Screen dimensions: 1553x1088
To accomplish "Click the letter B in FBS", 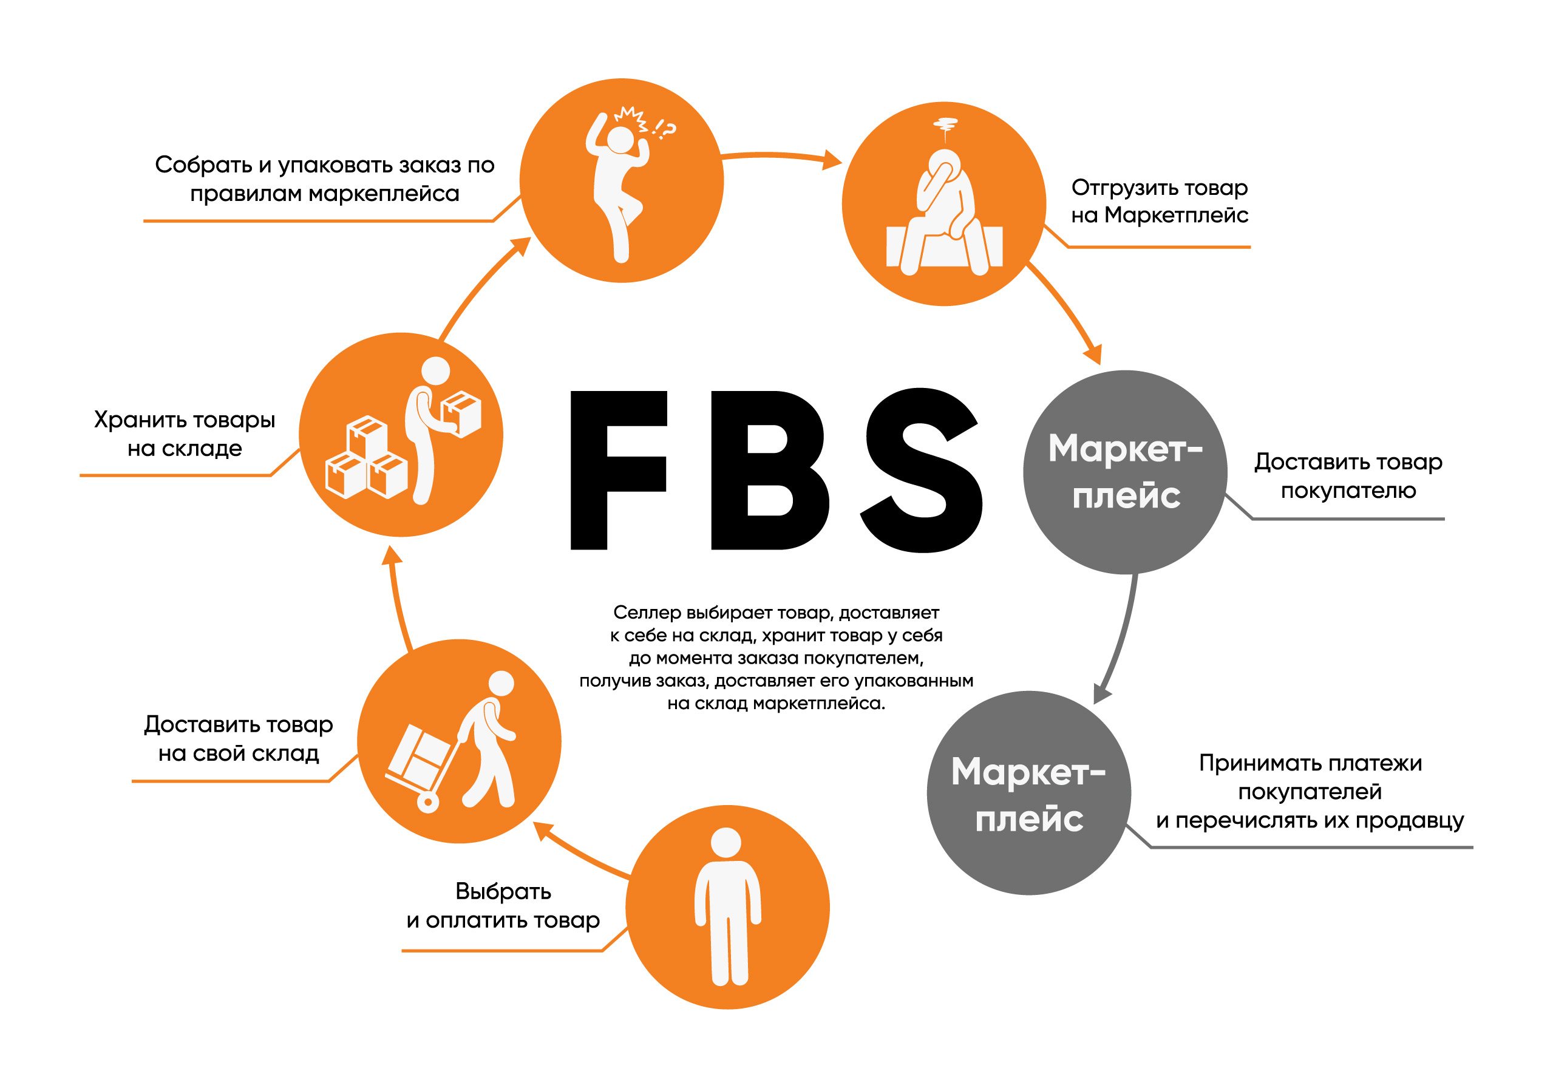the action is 770,471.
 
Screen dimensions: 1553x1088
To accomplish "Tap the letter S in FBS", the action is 921,471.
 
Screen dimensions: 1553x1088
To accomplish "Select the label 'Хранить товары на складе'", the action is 185,433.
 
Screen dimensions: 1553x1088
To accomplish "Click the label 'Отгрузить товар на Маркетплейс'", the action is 1160,201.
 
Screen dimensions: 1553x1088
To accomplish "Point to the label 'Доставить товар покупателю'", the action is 1348,475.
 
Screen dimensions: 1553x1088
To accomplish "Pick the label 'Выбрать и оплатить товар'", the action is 503,905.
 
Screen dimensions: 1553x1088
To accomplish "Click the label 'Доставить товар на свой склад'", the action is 238,738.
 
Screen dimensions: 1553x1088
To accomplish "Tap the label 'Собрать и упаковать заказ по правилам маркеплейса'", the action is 325,178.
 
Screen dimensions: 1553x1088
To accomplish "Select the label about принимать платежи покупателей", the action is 1310,791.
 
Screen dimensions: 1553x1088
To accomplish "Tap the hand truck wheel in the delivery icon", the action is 428,803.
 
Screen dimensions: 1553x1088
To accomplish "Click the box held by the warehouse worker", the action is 461,413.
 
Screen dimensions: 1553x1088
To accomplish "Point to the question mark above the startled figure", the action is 668,129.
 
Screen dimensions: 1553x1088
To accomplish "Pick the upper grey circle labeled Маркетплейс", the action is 1126,472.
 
